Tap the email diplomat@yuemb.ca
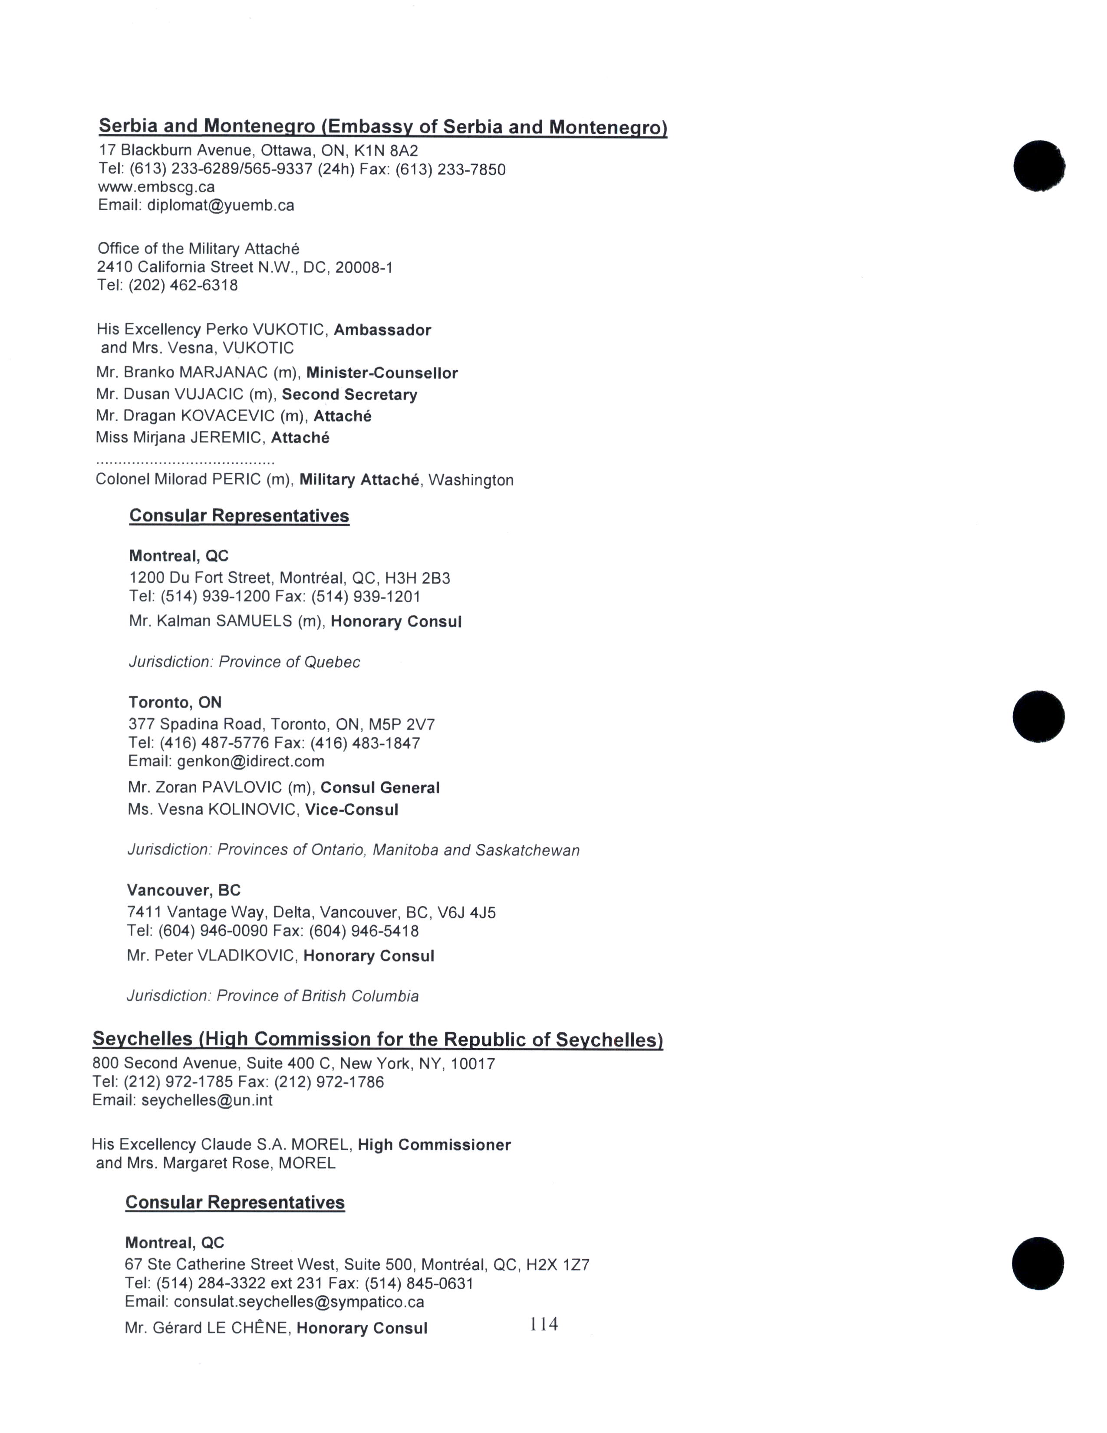221,205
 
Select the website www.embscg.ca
156,187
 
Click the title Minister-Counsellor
382,373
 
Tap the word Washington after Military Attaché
471,480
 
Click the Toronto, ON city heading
175,703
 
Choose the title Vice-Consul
352,810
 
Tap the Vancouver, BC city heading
184,890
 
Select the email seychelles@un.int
207,1100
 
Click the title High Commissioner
434,1145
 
